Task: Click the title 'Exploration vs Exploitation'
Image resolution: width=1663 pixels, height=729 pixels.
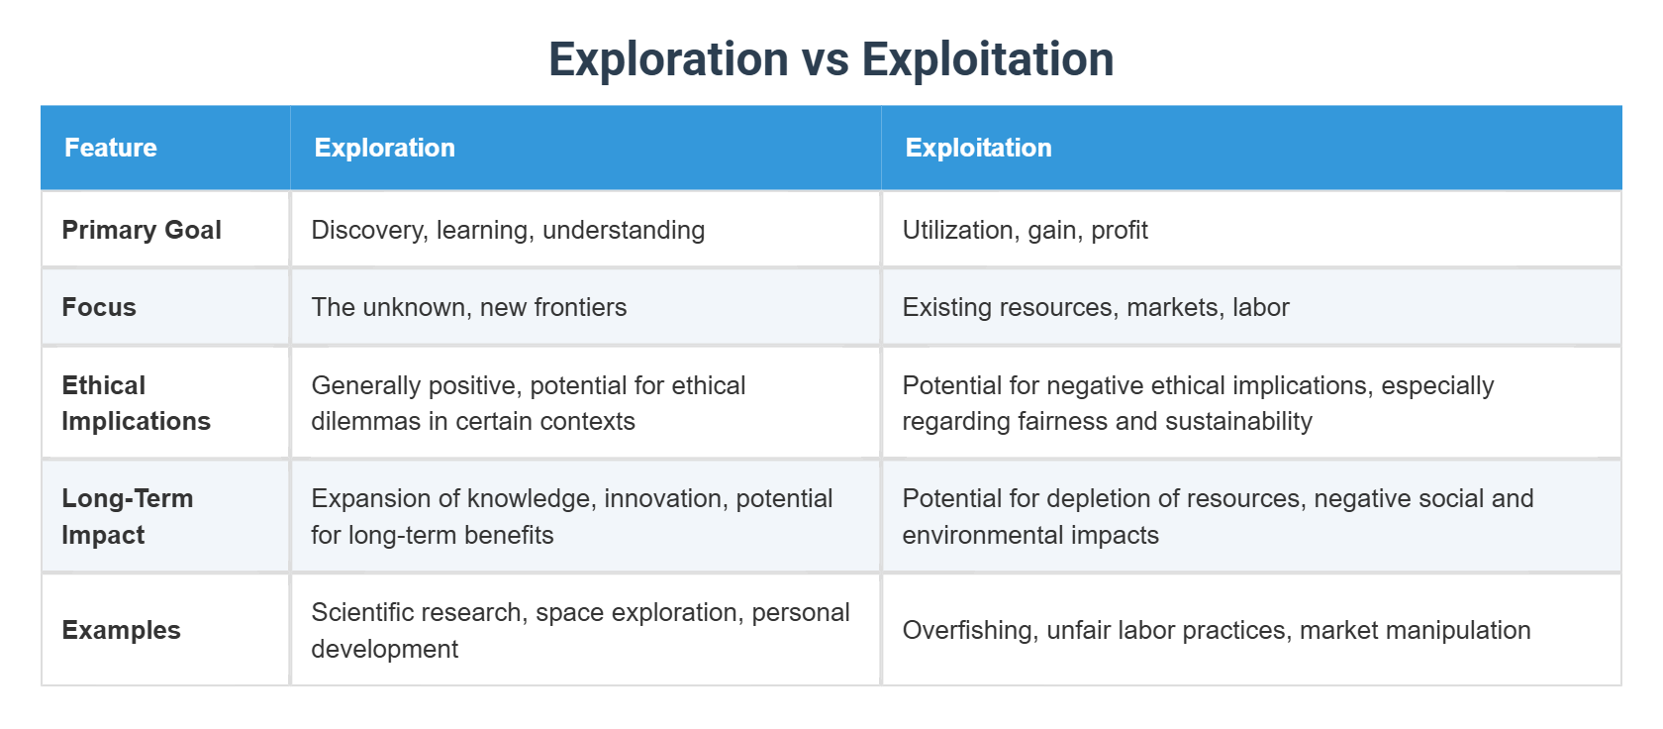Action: (831, 59)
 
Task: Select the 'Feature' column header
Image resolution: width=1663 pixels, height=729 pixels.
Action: (111, 148)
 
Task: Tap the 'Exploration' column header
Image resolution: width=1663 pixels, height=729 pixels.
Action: (384, 148)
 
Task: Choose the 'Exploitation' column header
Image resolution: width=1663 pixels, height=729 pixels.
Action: (978, 148)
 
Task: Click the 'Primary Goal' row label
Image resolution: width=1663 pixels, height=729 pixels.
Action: (142, 230)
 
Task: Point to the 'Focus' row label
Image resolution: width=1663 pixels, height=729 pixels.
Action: (99, 307)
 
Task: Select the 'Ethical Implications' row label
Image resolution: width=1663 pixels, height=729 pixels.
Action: (136, 403)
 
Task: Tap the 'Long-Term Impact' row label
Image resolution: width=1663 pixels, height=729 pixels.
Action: (127, 516)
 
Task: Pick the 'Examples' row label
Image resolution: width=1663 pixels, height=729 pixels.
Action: (121, 630)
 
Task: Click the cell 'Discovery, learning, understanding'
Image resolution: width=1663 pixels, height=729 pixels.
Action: (508, 230)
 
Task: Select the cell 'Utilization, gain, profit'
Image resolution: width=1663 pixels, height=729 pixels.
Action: (1025, 230)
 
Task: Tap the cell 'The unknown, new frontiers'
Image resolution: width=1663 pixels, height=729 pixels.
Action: (468, 307)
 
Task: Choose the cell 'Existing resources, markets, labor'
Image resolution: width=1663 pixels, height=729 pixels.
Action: (1095, 307)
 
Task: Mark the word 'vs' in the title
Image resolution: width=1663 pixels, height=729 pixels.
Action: (825, 59)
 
